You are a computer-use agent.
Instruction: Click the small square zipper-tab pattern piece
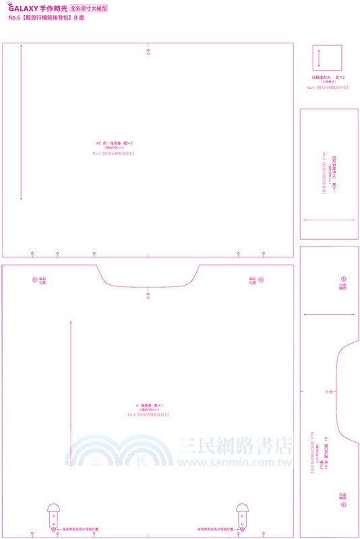click(x=326, y=58)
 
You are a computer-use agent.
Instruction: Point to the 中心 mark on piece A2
click(x=148, y=51)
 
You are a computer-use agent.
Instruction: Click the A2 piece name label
click(x=114, y=144)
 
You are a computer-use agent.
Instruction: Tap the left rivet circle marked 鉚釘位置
click(x=35, y=279)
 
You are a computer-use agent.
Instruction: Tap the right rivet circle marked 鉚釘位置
click(x=262, y=279)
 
